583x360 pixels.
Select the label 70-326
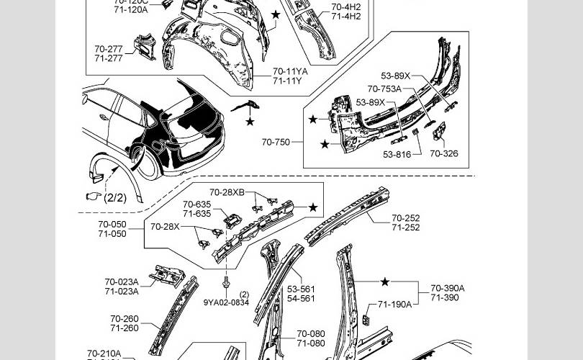(444, 153)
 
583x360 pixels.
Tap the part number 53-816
(397, 154)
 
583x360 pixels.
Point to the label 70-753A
(384, 89)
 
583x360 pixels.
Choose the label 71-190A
(394, 305)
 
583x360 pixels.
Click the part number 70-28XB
(227, 192)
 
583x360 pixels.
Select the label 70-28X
(165, 227)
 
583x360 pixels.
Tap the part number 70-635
(196, 204)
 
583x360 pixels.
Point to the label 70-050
(112, 225)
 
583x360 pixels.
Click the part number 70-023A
(121, 282)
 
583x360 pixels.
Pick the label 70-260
(125, 319)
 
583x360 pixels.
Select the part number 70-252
(406, 218)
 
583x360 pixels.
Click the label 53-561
(301, 289)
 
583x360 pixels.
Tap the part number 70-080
(311, 334)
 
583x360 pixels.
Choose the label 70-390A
(448, 288)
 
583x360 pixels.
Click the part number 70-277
(108, 49)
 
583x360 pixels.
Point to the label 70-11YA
(290, 72)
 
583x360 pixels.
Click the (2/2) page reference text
(114, 198)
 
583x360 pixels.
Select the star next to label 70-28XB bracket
(313, 208)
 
